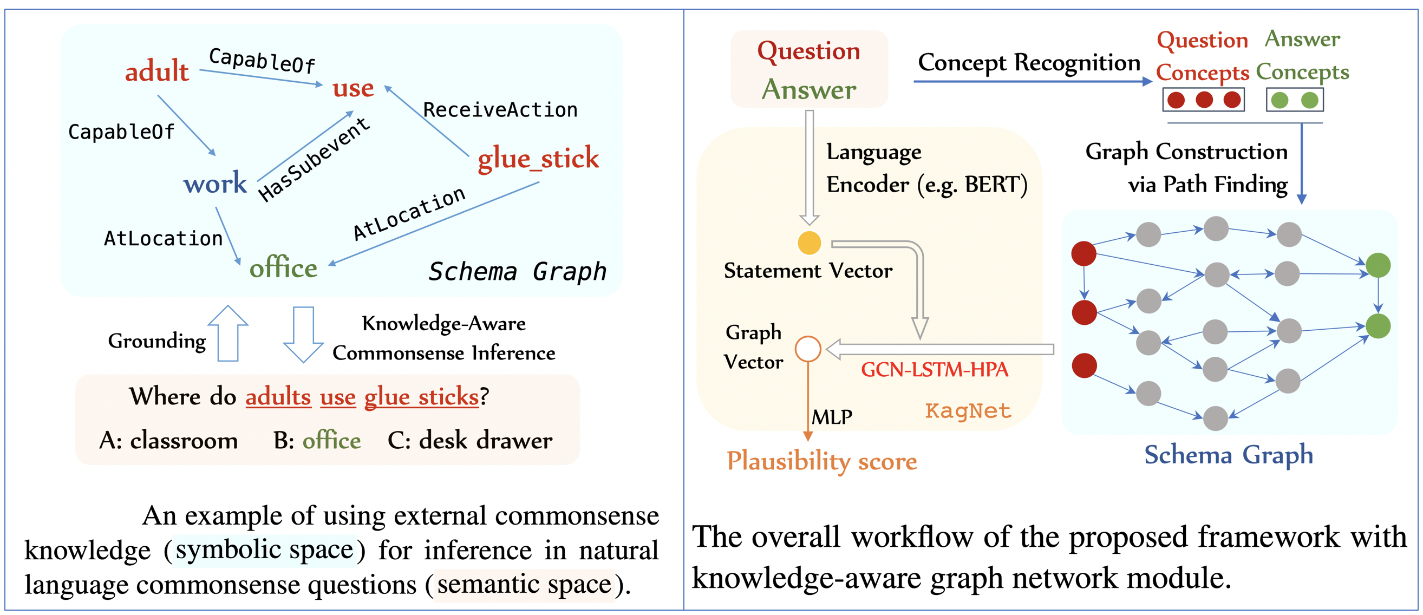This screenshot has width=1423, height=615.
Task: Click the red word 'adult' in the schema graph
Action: [157, 71]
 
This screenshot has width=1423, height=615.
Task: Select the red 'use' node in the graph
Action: [353, 88]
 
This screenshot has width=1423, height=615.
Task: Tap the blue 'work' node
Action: [215, 183]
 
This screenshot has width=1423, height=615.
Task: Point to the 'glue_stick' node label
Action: [538, 159]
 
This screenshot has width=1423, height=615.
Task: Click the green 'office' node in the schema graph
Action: [283, 268]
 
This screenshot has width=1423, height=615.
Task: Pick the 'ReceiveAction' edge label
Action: [500, 110]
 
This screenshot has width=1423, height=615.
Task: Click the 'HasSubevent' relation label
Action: [314, 160]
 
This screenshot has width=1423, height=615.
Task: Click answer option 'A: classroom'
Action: [168, 441]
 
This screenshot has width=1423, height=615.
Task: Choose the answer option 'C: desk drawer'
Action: [469, 441]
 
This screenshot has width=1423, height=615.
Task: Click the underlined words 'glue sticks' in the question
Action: [421, 396]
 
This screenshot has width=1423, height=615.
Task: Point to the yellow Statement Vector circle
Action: [810, 243]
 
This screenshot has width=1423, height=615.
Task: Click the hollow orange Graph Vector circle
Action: [808, 349]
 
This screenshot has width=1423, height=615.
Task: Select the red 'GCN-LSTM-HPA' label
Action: [935, 369]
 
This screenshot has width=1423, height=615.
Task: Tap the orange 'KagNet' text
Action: [968, 411]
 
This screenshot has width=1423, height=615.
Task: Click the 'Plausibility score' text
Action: [821, 461]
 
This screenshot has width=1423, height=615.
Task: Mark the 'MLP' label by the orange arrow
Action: [832, 417]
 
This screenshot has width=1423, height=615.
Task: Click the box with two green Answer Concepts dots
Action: [1294, 101]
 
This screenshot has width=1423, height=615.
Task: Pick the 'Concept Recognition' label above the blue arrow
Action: [1029, 62]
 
